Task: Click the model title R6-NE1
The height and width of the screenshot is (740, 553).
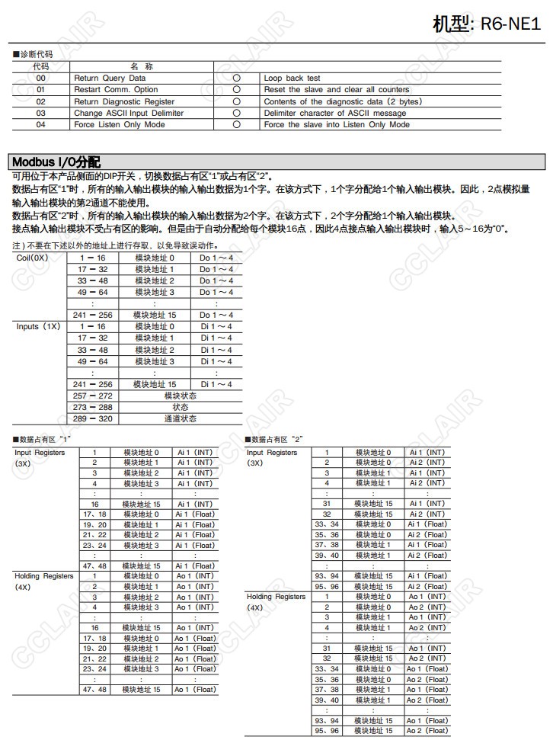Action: click(487, 23)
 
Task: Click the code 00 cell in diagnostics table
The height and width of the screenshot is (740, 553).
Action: click(41, 78)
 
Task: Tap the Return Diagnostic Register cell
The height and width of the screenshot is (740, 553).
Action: click(124, 101)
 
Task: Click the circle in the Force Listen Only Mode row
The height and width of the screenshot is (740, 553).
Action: click(237, 124)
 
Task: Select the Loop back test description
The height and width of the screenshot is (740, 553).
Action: click(292, 78)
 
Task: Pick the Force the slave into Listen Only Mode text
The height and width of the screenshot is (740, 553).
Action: click(337, 124)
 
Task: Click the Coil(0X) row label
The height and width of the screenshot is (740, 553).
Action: click(32, 258)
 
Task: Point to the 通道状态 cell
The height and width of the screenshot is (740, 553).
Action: click(181, 418)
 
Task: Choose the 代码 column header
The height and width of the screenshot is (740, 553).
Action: click(41, 66)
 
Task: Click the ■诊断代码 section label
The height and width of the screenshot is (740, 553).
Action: click(33, 55)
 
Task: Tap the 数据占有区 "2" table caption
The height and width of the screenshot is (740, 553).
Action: click(274, 440)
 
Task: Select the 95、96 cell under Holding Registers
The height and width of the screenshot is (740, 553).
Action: click(327, 730)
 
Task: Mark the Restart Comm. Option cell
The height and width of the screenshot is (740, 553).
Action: click(116, 90)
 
